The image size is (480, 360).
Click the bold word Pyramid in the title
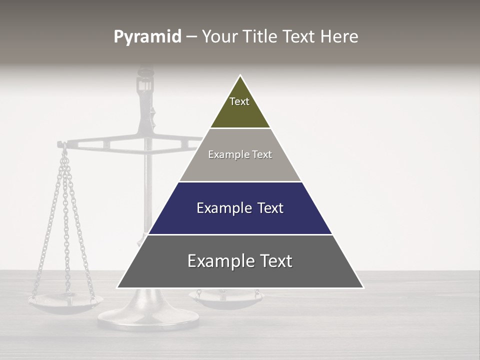coord(147,37)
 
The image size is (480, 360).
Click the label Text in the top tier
coord(239,101)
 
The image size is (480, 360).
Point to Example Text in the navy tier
coord(240,208)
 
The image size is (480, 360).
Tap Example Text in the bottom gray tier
coord(240,261)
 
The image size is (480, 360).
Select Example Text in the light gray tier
coord(240,154)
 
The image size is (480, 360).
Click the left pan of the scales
coord(65,302)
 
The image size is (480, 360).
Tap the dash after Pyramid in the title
coord(191,37)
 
